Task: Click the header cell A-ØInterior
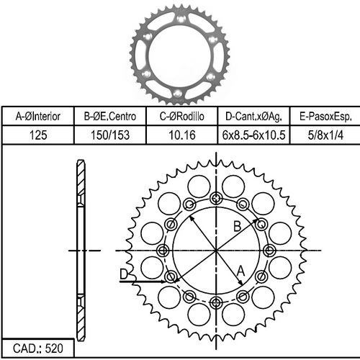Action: [38, 117]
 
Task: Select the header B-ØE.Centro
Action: [110, 117]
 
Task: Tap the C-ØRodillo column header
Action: [182, 117]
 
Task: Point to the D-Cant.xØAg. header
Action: [253, 117]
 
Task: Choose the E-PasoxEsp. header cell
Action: [325, 117]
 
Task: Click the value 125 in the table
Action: [38, 135]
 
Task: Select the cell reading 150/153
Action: [110, 135]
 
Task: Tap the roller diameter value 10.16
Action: [182, 135]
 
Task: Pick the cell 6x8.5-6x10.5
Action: [253, 135]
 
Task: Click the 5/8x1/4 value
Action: [325, 135]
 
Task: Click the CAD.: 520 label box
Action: [38, 348]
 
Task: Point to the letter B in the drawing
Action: [237, 226]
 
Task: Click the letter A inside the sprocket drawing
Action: [240, 271]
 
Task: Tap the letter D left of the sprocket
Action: [124, 274]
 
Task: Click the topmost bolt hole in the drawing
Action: [216, 198]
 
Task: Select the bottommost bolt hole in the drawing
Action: [216, 302]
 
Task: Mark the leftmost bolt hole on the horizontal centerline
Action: [163, 251]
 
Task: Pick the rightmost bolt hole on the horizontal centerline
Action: [269, 251]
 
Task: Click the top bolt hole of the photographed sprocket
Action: [181, 18]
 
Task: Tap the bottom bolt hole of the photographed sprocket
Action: [178, 94]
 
